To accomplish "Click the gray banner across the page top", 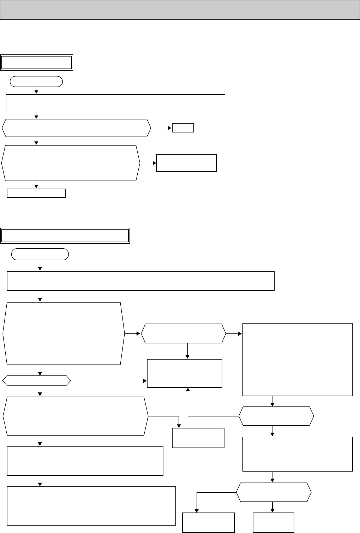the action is pos(180,10).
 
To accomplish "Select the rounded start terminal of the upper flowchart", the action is pos(37,82).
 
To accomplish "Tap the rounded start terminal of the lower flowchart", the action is pos(40,254).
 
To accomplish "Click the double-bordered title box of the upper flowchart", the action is pos(37,63).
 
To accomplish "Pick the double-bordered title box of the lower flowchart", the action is pos(65,236).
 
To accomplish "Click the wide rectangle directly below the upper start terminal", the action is pos(115,103).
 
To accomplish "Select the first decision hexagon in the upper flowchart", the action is pos(76,128).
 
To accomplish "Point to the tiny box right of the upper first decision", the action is pos(183,128).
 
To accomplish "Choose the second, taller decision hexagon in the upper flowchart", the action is pos(71,163).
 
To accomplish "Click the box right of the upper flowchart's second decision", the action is pos(186,163).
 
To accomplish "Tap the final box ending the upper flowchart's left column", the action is pos(36,193).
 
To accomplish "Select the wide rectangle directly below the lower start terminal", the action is pos(140,281).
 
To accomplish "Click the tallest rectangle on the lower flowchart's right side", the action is pos(297,359).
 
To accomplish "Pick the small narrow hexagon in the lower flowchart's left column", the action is pos(37,380).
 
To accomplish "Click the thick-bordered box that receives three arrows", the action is pos(184,373).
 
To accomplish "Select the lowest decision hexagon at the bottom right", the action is pos(274,492).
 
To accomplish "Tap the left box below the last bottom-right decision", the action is pos(208,522).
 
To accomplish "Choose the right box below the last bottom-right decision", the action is pos(274,522).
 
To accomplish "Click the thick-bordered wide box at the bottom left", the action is pos(91,506).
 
